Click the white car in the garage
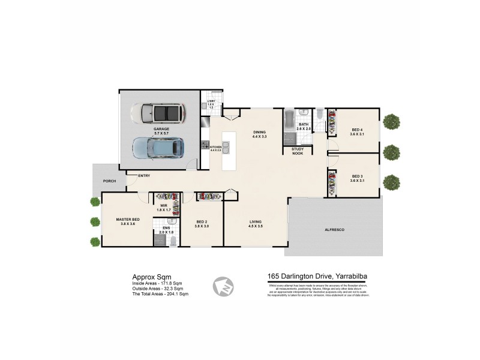pyautogui.click(x=159, y=112)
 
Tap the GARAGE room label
pyautogui.click(x=161, y=129)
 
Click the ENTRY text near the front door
pyautogui.click(x=144, y=176)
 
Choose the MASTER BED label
pyautogui.click(x=127, y=220)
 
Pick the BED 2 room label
pyautogui.click(x=202, y=222)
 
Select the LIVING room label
pyautogui.click(x=256, y=222)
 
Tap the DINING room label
pyautogui.click(x=259, y=133)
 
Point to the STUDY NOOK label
pyautogui.click(x=298, y=151)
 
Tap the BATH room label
pyautogui.click(x=304, y=125)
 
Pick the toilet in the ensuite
pyautogui.click(x=173, y=241)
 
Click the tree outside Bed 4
pyautogui.click(x=392, y=122)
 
